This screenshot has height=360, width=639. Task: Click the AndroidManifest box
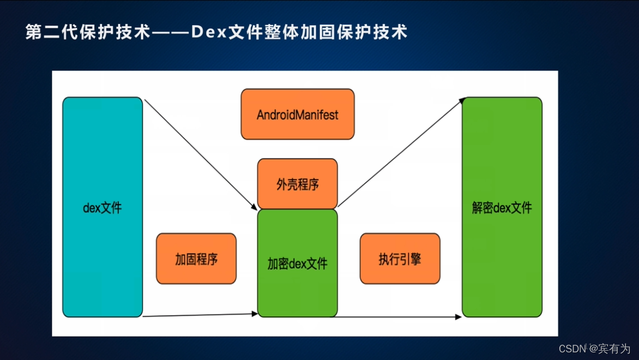click(297, 115)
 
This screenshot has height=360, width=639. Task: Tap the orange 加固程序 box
click(196, 259)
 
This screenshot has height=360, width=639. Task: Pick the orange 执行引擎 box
click(400, 259)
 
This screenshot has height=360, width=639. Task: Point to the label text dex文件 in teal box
click(103, 208)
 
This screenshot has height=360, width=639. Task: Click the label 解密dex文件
click(502, 208)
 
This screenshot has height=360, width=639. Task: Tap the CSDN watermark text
click(571, 349)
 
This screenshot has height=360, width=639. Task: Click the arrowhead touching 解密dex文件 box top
click(462, 101)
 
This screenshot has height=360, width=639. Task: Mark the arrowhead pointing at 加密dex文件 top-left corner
click(254, 207)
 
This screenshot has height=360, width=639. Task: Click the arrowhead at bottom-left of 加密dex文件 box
click(254, 314)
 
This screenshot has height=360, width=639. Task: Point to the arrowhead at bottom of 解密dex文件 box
click(458, 317)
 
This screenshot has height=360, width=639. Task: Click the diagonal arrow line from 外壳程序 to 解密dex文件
click(401, 153)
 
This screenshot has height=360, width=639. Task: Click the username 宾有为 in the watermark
click(614, 349)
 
